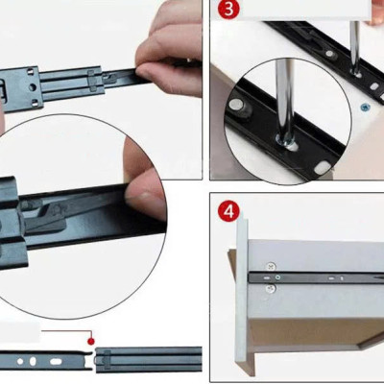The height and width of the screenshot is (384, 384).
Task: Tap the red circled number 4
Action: (x=228, y=209)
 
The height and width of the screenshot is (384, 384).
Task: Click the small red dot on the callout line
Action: (x=90, y=339)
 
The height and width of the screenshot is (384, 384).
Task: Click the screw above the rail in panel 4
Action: (x=272, y=265)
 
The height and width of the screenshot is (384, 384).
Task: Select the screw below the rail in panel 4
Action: (x=272, y=287)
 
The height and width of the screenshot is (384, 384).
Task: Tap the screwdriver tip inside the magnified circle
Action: (x=286, y=139)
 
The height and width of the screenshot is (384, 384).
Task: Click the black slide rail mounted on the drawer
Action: (x=317, y=276)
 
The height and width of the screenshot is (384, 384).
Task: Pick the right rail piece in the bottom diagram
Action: (x=149, y=358)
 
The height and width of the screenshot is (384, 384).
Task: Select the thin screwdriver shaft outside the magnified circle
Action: (x=353, y=43)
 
